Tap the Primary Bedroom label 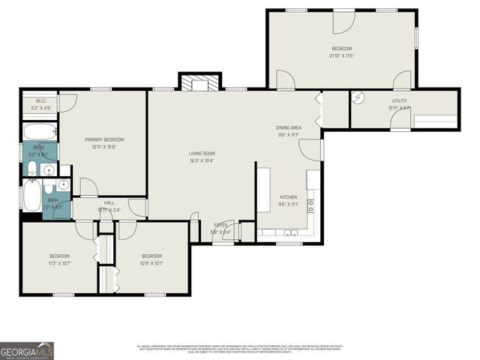pos(103,139)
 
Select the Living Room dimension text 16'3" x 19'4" pos(202,160)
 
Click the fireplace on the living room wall pos(199,82)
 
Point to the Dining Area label pos(289,128)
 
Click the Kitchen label pos(289,197)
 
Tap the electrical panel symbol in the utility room pos(358,97)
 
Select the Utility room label pos(399,101)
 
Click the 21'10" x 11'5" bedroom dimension pos(341,55)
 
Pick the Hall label pos(109,202)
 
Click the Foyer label pos(220,224)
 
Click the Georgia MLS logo pos(27,350)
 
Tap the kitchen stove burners pos(310,206)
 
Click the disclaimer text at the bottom pos(240,349)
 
